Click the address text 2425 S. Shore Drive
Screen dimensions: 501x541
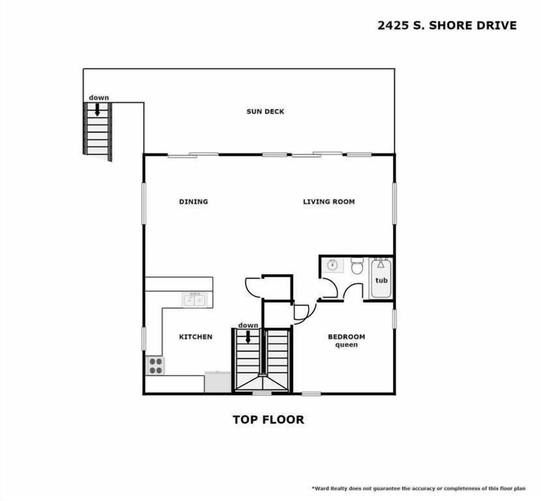446,26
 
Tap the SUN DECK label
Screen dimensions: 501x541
265,112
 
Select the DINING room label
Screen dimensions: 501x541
193,202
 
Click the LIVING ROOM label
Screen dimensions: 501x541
329,202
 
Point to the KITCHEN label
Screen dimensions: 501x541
196,337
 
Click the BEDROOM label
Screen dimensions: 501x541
346,337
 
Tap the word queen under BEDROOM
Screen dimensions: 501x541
346,345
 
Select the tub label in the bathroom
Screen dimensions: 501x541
382,280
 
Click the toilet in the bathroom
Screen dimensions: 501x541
357,266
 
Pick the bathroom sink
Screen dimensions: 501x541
332,265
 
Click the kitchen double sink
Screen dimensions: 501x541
195,300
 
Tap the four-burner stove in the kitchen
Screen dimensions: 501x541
155,366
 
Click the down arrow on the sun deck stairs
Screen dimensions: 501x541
97,109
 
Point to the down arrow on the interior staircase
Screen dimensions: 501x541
247,336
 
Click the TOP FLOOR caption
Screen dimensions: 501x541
268,420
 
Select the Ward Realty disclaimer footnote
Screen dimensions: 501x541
418,488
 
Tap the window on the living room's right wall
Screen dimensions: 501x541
394,203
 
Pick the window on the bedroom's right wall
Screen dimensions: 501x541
394,318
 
